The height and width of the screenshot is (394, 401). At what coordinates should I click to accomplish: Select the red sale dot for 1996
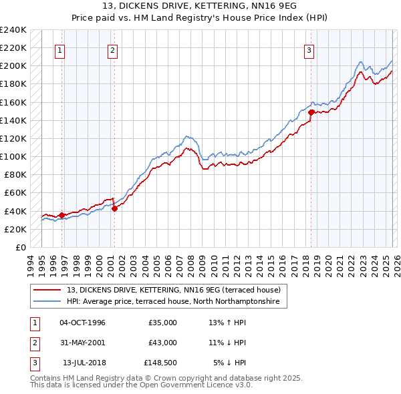coord(61,215)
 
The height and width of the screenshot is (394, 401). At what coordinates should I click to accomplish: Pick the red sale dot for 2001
coord(114,208)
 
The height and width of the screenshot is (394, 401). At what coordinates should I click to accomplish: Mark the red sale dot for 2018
coord(311,112)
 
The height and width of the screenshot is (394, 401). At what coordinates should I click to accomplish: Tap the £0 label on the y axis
coord(20,247)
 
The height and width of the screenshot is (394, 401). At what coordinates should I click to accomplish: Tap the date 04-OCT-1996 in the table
coord(82,323)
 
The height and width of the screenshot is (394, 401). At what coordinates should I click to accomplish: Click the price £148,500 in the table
coord(160,363)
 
